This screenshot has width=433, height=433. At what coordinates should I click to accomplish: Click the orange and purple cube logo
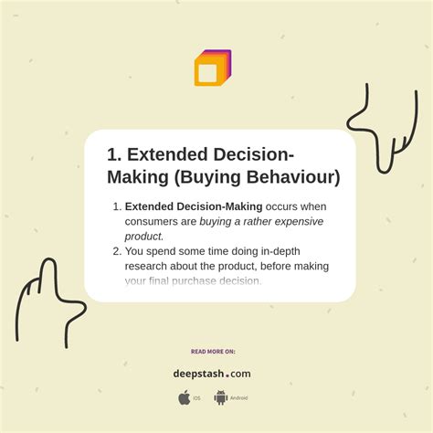pyautogui.click(x=212, y=69)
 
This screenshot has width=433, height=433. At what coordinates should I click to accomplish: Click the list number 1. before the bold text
pyautogui.click(x=116, y=206)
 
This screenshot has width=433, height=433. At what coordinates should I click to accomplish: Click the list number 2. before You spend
pyautogui.click(x=116, y=251)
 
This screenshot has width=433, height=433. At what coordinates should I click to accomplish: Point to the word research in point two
pyautogui.click(x=148, y=266)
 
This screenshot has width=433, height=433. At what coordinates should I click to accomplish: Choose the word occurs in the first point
pyautogui.click(x=285, y=206)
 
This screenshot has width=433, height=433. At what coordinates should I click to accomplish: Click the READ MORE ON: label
pyautogui.click(x=213, y=351)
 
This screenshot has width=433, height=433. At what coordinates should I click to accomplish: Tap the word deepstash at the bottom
pyautogui.click(x=200, y=374)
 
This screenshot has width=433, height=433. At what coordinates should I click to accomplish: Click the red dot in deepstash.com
pyautogui.click(x=227, y=375)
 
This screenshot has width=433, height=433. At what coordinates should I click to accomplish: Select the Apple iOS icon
pyautogui.click(x=184, y=397)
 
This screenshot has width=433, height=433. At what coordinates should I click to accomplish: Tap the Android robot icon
pyautogui.click(x=220, y=397)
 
